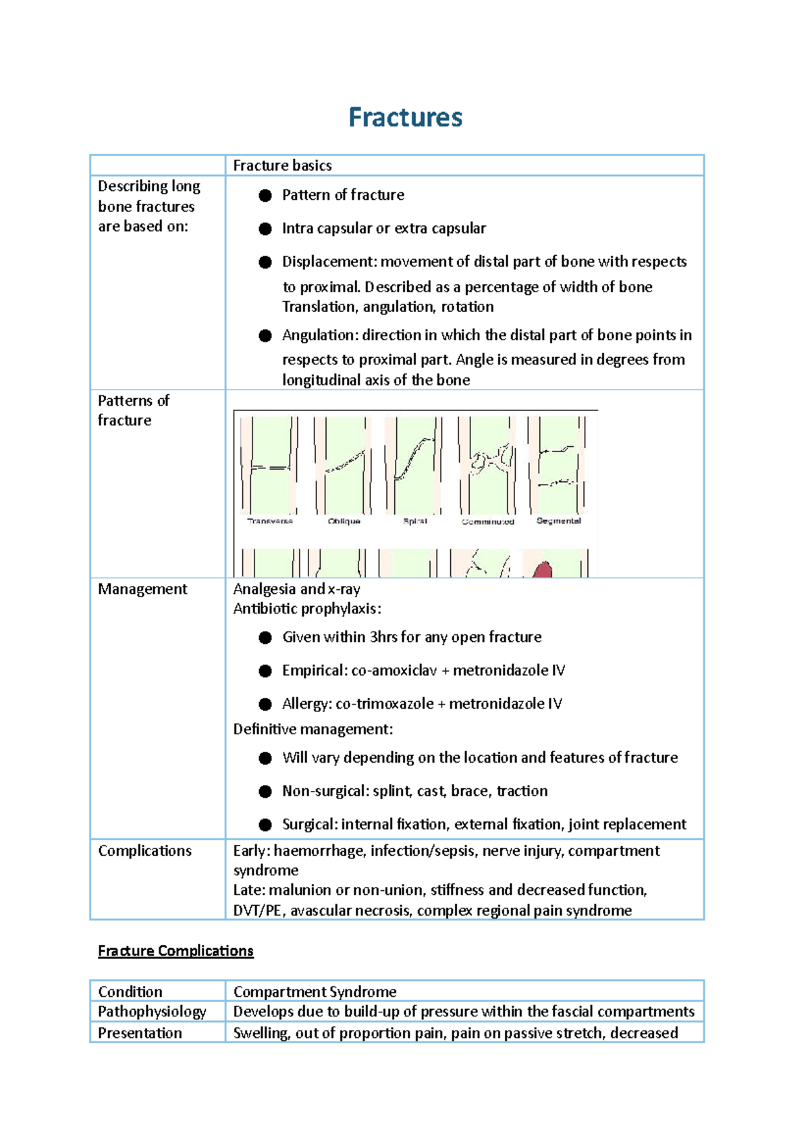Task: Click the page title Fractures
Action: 405,117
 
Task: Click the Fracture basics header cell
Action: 282,165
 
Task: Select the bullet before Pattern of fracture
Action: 265,196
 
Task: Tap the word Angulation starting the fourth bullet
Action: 319,335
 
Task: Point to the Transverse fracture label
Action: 270,521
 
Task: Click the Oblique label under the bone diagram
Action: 344,521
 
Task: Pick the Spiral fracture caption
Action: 414,521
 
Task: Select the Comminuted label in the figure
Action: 488,522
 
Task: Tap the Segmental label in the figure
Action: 558,520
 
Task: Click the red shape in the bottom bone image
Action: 543,570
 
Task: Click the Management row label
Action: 142,589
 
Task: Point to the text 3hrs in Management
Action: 383,637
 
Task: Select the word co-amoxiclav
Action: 394,671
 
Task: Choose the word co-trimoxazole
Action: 385,704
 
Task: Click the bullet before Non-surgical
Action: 265,792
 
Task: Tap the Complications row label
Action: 144,851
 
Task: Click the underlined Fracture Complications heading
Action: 175,951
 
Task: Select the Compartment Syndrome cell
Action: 315,991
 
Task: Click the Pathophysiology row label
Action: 152,1012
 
